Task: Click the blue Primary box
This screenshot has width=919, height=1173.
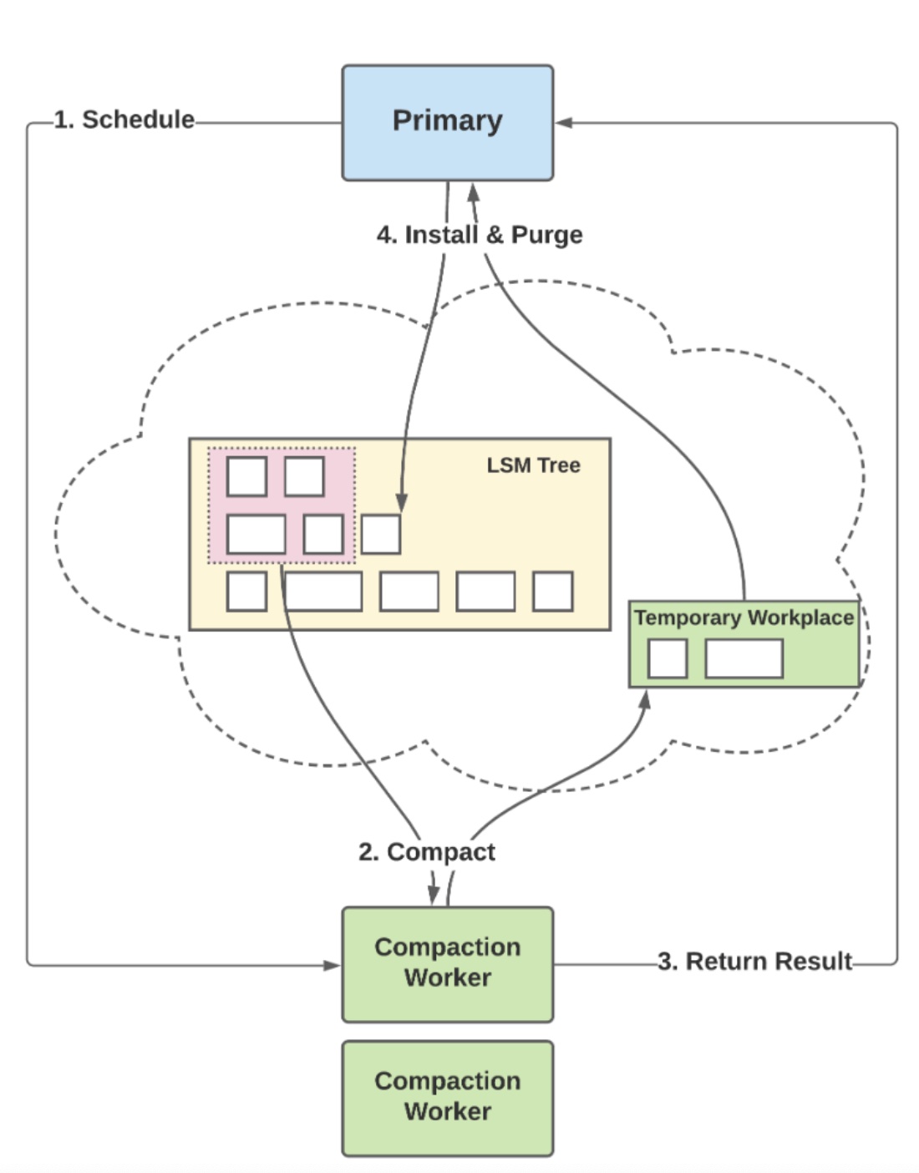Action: pos(447,122)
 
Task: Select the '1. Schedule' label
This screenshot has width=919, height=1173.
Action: pos(124,119)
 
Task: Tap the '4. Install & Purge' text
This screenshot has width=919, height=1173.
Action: pos(480,235)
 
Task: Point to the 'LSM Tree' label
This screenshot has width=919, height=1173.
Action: pos(533,465)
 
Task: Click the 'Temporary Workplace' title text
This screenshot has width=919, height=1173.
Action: pos(744,617)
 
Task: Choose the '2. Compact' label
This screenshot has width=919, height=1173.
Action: pos(426,852)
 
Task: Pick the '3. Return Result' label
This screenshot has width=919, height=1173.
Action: pos(754,962)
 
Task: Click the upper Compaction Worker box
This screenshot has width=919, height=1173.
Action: pos(447,963)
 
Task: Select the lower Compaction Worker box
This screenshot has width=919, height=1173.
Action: pos(447,1097)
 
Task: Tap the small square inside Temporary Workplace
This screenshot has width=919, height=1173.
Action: pos(668,658)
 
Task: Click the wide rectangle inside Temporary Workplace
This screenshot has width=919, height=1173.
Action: pos(744,658)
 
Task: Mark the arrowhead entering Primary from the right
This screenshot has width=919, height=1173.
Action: pos(564,123)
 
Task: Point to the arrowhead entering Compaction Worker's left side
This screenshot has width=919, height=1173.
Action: pos(333,965)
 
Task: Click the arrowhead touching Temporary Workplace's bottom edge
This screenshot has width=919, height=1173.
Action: pos(644,699)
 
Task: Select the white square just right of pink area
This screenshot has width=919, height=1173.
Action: pos(381,535)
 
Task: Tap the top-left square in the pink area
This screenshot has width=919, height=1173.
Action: pos(246,476)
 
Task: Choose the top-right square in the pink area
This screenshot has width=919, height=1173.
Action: pos(304,476)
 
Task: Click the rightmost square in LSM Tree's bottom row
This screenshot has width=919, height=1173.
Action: pos(553,592)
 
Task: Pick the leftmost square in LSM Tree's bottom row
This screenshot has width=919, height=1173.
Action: pos(246,592)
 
